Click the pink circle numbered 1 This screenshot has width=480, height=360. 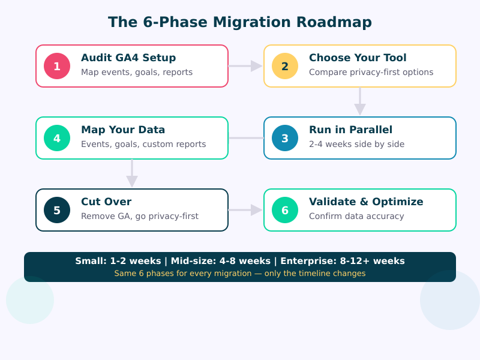[x=57, y=66]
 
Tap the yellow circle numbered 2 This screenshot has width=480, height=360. [x=285, y=66]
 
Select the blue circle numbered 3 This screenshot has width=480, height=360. [x=285, y=138]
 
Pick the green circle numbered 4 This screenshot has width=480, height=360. [x=57, y=138]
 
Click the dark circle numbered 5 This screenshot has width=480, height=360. [x=57, y=210]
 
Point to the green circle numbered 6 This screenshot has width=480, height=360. [x=285, y=210]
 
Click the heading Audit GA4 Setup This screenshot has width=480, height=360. [x=128, y=58]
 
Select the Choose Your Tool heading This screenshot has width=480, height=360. [x=358, y=58]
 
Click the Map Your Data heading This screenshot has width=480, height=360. [x=123, y=130]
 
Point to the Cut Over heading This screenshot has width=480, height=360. [x=106, y=202]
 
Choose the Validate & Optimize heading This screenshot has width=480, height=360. [x=366, y=202]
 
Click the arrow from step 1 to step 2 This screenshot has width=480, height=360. [x=246, y=66]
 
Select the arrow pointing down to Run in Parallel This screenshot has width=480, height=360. [x=360, y=102]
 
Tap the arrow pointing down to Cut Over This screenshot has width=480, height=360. [x=132, y=174]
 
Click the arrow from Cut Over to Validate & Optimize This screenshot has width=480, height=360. [x=246, y=210]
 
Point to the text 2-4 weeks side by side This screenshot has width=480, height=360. [x=356, y=144]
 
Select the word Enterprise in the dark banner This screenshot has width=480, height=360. [x=303, y=261]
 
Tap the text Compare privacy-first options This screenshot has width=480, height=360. [x=371, y=72]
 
